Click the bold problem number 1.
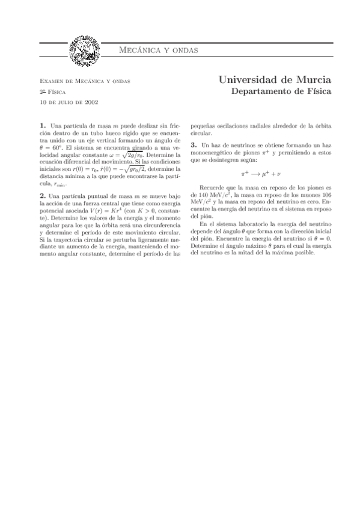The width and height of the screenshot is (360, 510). (x=41, y=126)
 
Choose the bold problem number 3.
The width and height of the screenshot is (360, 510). (x=193, y=146)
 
